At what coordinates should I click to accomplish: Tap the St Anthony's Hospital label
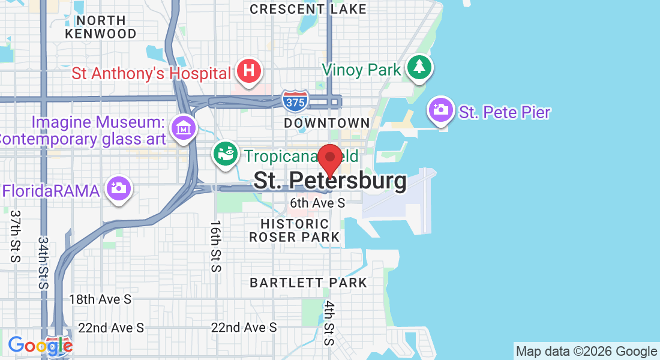pos(151,74)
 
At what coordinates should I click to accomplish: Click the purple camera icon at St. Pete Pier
pos(441,110)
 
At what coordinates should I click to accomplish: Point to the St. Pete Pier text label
pos(505,112)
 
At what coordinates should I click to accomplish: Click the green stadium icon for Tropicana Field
pos(226,154)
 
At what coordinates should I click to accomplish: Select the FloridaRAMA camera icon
pos(118,188)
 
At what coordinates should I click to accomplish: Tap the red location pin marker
pos(329,160)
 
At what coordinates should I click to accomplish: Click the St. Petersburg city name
pos(329,181)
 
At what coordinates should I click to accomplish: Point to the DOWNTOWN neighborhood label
pos(327,123)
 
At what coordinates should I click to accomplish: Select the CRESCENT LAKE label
pos(308,9)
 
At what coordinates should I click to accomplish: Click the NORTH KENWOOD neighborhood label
pos(101,26)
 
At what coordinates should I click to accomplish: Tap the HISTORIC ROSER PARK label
pos(295,230)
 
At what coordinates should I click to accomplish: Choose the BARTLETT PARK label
pos(308,282)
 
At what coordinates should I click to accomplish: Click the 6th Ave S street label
pos(317,203)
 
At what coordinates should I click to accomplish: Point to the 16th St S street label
pos(216,246)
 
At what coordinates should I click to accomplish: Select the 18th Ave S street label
pos(100,299)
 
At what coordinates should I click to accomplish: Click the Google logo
pos(40,345)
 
